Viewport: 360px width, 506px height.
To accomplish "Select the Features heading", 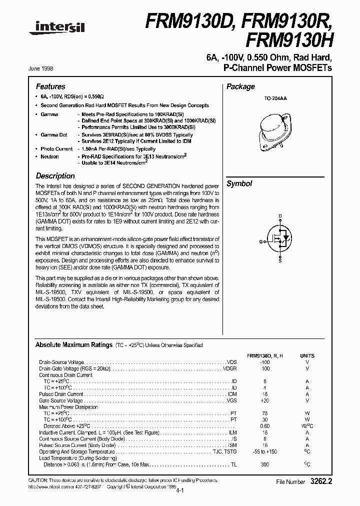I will (x=50, y=86).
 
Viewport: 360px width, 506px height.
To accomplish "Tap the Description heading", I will (x=55, y=176).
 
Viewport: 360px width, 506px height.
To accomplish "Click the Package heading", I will (x=240, y=86).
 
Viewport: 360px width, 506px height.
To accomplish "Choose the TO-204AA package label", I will (x=275, y=99).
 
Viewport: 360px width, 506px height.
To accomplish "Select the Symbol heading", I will (x=239, y=183).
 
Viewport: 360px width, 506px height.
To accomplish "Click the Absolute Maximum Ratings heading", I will (x=73, y=345).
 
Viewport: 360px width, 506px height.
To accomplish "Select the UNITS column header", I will (x=307, y=355).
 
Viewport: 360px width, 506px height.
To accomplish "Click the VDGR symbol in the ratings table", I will (x=229, y=368).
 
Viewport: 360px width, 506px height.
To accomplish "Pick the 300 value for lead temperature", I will (x=265, y=464).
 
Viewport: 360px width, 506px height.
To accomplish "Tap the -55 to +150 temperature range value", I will (x=265, y=451).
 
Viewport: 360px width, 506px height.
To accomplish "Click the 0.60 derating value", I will (x=265, y=426).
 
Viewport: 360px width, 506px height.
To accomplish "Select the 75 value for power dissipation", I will (x=265, y=413).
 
